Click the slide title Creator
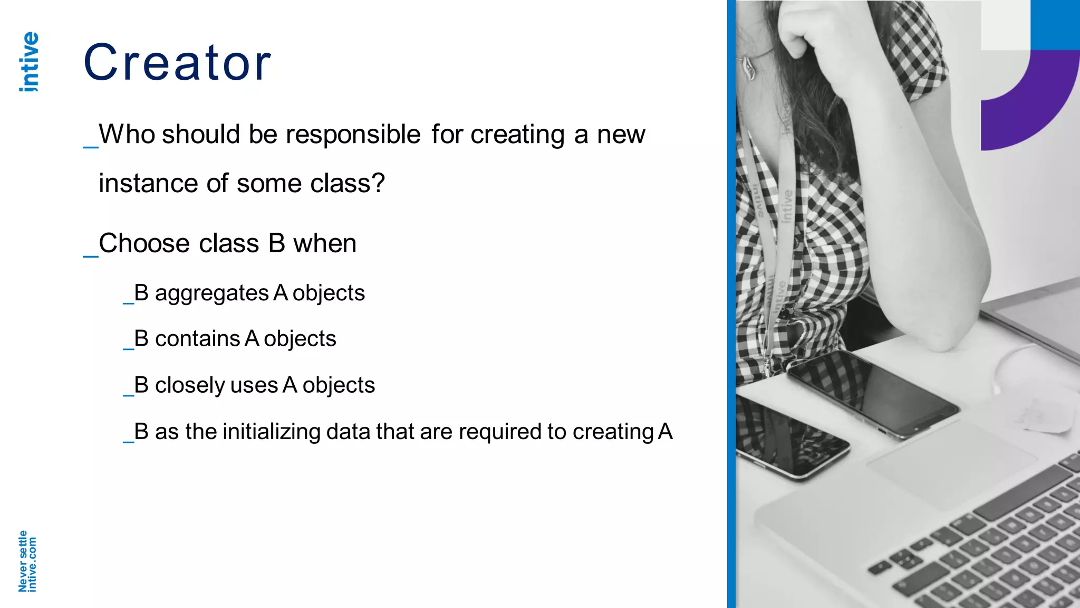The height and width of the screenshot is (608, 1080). pos(177,63)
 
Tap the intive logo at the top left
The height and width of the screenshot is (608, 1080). pos(29,62)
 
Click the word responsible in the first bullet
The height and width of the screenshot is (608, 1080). pos(353,134)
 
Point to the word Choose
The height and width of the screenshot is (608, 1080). pos(144,244)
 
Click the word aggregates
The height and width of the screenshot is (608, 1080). pos(211,293)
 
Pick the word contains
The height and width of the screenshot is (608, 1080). pos(197,339)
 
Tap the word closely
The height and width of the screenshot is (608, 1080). pos(189,385)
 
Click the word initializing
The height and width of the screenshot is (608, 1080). pos(272,432)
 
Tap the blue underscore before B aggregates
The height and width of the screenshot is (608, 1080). pos(128,302)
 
